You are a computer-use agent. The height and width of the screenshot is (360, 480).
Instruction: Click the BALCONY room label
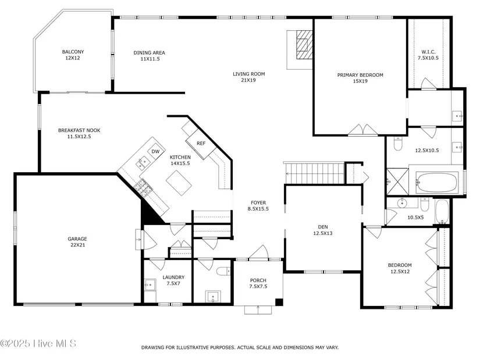[73, 52]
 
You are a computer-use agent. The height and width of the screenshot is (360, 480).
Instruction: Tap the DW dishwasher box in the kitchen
[155, 152]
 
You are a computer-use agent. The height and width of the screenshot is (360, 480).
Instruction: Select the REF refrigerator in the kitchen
[201, 143]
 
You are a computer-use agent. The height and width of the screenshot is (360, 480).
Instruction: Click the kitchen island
[179, 183]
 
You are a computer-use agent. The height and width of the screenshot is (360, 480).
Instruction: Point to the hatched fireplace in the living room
[304, 44]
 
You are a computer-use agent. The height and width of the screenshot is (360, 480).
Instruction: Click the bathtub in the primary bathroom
[437, 183]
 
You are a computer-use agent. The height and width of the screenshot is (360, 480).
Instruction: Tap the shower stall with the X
[397, 181]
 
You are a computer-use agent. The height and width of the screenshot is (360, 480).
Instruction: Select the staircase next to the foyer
[315, 173]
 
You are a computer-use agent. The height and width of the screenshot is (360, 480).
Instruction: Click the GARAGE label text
[77, 239]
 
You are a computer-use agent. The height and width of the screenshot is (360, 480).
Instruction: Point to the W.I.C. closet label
[428, 52]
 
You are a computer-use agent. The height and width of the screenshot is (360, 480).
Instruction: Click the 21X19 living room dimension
[248, 80]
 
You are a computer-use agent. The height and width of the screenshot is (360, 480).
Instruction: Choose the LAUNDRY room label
[173, 277]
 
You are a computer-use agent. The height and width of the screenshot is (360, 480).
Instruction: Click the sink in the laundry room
[150, 286]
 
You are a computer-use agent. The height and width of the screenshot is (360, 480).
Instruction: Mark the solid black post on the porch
[279, 302]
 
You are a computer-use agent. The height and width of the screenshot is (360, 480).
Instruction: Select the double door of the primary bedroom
[362, 130]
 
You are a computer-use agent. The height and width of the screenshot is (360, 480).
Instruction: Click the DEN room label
[323, 227]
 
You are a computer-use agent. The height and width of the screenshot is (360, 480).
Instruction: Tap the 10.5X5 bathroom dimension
[415, 218]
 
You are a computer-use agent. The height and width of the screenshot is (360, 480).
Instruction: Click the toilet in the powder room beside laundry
[223, 271]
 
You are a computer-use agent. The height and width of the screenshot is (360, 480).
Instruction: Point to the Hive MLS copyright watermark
[38, 344]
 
